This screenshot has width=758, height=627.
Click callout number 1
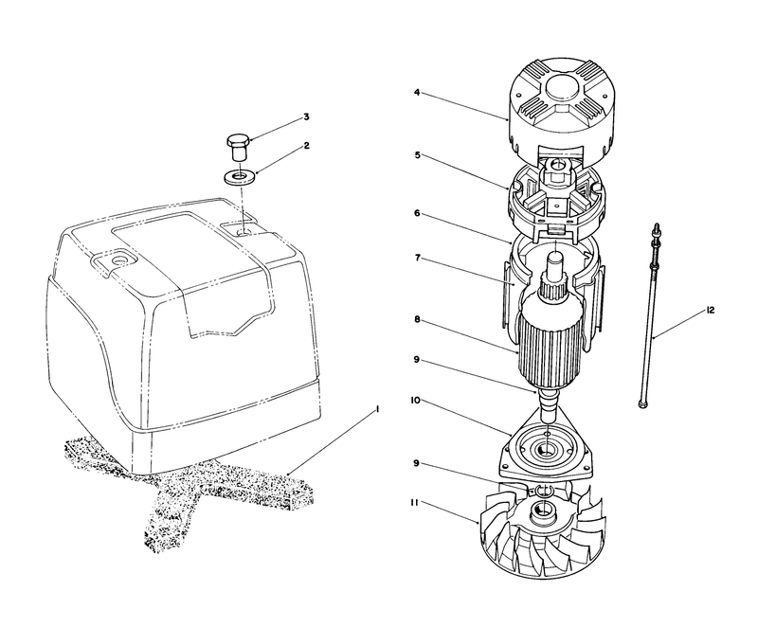(x=377, y=409)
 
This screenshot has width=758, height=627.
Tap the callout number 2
(x=306, y=146)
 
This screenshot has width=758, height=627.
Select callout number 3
(x=306, y=116)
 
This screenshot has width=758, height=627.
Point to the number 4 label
(x=417, y=92)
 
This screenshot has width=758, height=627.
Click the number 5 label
(x=417, y=155)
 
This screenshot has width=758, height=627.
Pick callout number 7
(x=417, y=258)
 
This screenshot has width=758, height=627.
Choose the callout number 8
(x=417, y=319)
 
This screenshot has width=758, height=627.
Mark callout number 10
(x=415, y=401)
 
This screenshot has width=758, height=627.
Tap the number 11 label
(x=414, y=502)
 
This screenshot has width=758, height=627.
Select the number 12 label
(x=710, y=311)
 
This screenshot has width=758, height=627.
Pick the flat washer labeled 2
(x=240, y=176)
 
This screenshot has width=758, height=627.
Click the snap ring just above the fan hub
(x=544, y=491)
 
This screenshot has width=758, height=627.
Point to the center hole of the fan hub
(x=543, y=509)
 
